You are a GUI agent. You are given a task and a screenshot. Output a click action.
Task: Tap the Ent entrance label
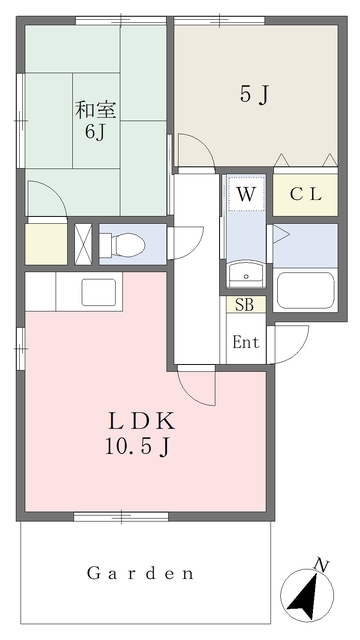[x=246, y=342]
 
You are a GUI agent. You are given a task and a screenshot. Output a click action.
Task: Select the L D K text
[x=138, y=419]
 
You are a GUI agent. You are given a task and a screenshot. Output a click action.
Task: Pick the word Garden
[x=139, y=574]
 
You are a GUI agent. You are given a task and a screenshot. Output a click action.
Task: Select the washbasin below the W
[x=244, y=274]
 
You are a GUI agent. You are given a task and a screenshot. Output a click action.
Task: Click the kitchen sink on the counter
[x=98, y=293]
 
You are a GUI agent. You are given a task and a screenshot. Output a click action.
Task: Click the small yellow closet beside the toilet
[x=45, y=244]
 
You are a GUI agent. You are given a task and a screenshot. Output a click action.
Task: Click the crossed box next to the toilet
[x=84, y=243]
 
